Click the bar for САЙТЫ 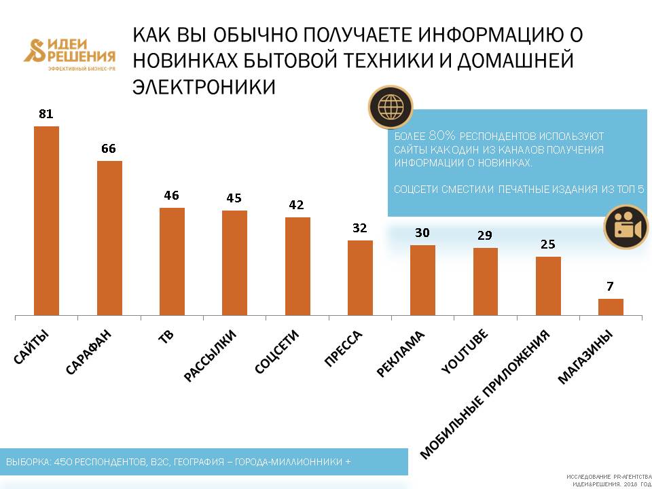[x=46, y=221]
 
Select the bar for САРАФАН [x=109, y=238]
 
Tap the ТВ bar [x=172, y=261]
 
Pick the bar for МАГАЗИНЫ [x=611, y=307]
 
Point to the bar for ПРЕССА [x=360, y=278]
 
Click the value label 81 [x=46, y=114]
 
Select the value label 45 [x=234, y=198]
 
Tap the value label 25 [x=548, y=244]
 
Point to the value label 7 [x=611, y=287]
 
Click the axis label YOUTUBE [x=466, y=351]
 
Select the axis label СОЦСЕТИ [x=276, y=352]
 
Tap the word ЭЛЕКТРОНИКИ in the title [x=204, y=87]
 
